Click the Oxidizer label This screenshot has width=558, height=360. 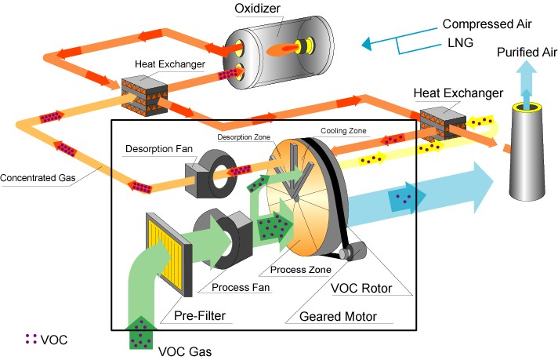259,9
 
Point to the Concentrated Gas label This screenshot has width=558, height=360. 38,177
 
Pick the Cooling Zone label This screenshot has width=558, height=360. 342,130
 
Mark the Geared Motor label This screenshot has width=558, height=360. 339,317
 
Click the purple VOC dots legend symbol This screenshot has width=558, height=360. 31,340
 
